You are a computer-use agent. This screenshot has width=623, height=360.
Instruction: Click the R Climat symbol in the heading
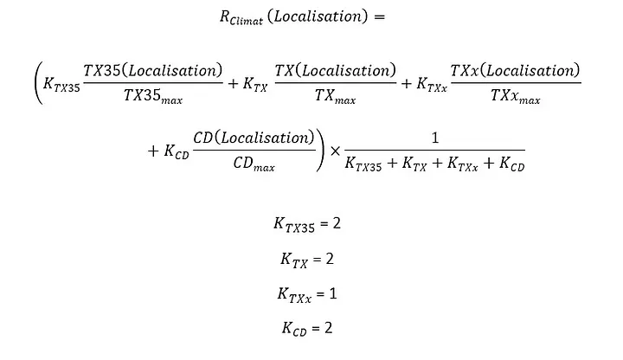(x=241, y=17)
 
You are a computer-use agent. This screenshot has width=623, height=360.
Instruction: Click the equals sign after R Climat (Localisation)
(x=379, y=16)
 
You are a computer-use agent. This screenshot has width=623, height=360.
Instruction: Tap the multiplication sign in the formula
(x=336, y=151)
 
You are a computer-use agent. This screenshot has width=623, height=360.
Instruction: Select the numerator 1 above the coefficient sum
(x=435, y=138)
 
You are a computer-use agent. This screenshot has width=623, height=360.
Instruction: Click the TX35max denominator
(x=153, y=96)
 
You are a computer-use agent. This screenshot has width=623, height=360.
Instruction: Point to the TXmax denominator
(x=336, y=96)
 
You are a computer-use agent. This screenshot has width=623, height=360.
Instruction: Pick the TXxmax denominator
(x=516, y=96)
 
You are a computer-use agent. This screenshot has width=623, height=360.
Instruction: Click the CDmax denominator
(x=254, y=164)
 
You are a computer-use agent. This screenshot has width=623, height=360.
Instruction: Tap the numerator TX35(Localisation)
(x=153, y=71)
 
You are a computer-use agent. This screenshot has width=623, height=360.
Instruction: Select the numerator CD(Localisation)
(x=254, y=138)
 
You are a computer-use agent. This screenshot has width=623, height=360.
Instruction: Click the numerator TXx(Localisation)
(x=516, y=71)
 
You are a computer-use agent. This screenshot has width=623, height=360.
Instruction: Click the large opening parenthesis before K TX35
(x=38, y=84)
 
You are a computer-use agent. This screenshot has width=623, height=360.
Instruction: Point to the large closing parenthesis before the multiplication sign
(x=320, y=151)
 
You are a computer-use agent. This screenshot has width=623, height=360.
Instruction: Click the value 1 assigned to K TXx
(x=333, y=294)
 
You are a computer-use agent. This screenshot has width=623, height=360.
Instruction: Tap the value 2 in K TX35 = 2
(x=337, y=223)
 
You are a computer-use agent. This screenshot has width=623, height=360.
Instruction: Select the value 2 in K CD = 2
(x=328, y=328)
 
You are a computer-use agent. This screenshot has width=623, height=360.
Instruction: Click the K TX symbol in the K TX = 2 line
(x=294, y=260)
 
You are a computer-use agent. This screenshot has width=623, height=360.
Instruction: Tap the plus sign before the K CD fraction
(x=153, y=151)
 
